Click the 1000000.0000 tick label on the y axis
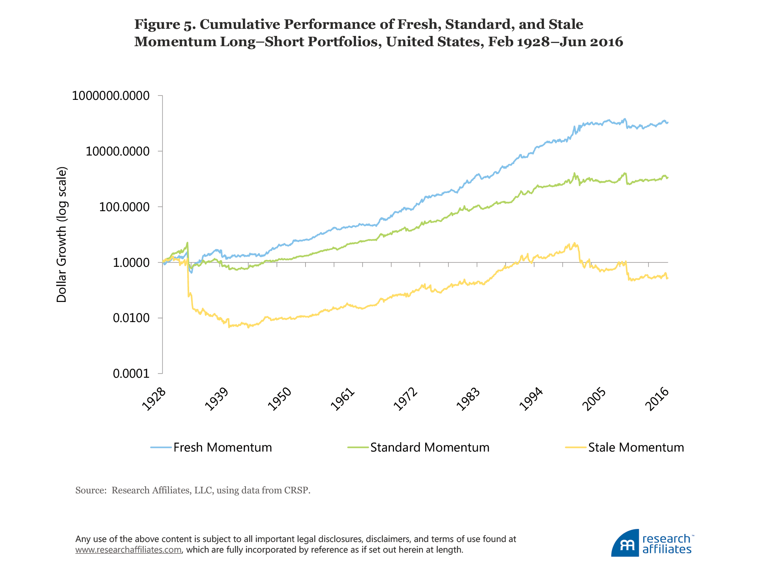[111, 96]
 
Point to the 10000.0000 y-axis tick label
[118, 152]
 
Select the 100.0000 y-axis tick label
[124, 207]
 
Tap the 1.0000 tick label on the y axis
[131, 263]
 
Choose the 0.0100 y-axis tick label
[131, 318]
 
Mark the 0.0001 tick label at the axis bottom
[131, 374]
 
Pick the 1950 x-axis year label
[280, 399]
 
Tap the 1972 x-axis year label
[406, 399]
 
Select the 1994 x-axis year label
[531, 399]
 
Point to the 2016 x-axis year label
[657, 399]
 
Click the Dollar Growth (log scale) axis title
[62, 235]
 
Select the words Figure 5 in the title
[163, 24]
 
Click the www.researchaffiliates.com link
[128, 550]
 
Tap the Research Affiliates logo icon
[625, 544]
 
